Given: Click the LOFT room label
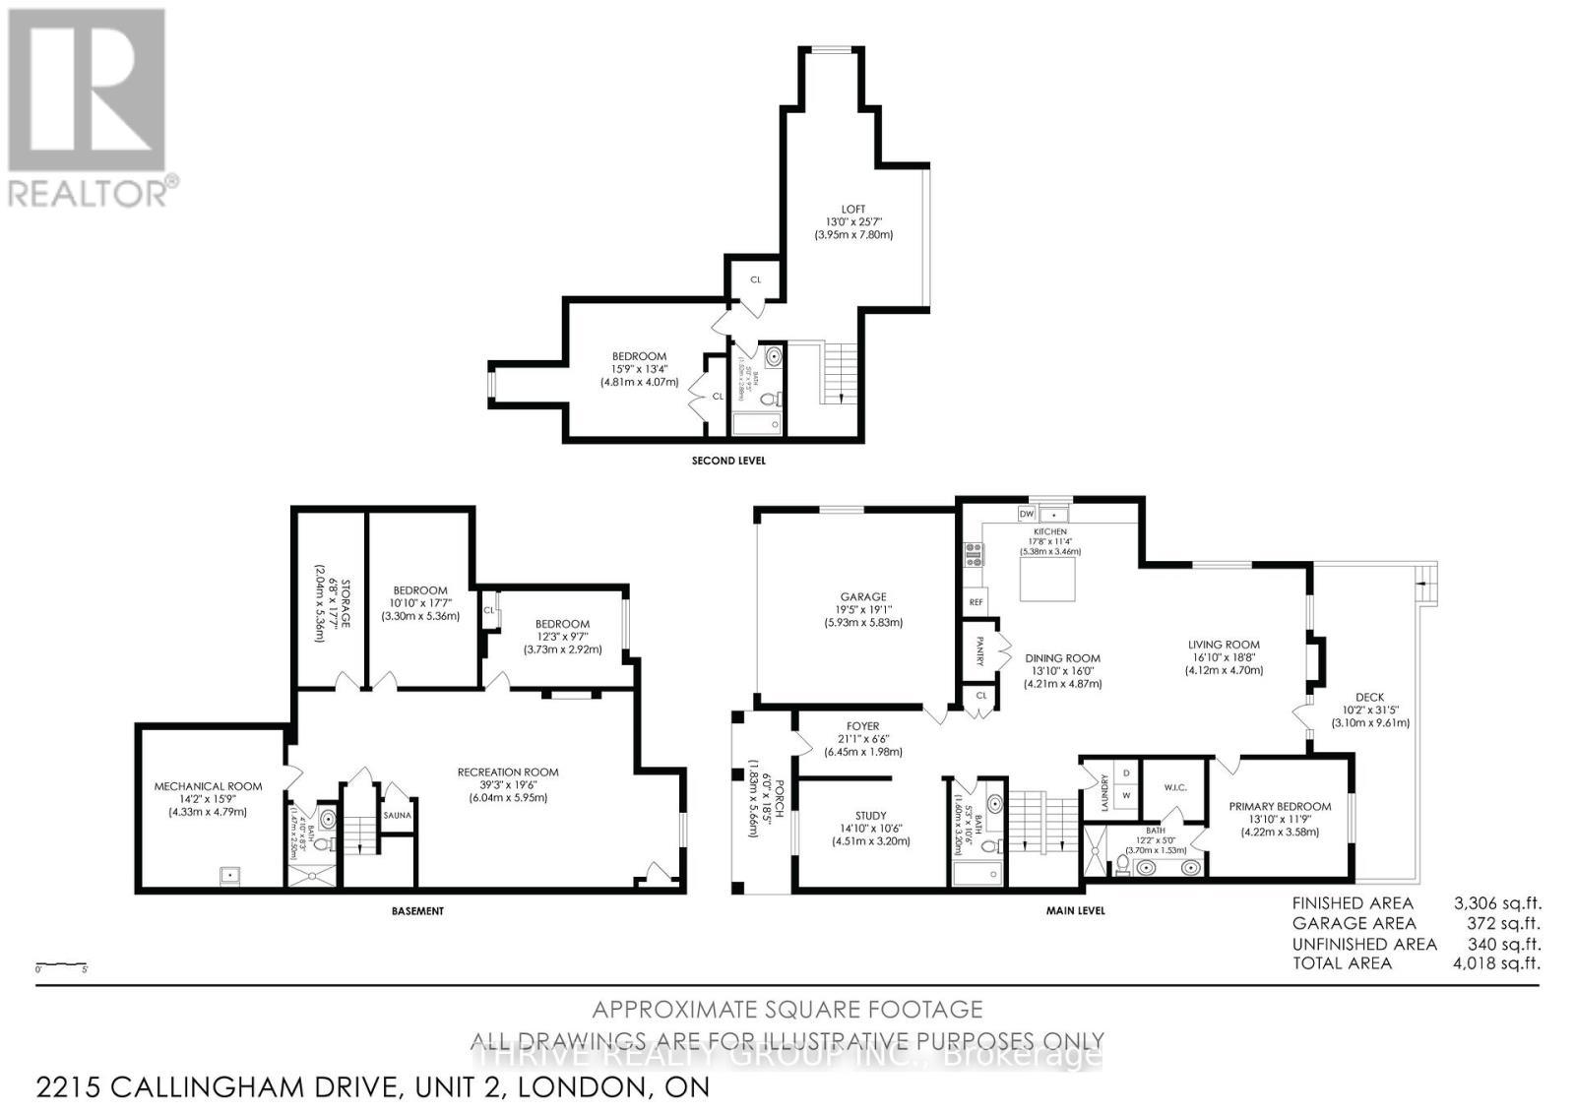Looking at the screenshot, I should coord(852,210).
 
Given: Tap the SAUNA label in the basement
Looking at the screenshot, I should coord(398,815).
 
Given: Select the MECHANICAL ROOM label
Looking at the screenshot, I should coord(208,786).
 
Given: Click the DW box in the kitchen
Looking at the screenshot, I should coord(1027,514).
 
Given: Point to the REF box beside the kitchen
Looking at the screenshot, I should coord(976,602).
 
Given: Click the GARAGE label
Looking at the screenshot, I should coord(862,596).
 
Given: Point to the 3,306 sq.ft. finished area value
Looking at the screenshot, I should coord(1497,902).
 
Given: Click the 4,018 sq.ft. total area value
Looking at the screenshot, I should coord(1497,962).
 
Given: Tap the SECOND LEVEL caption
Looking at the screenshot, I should coord(727,461).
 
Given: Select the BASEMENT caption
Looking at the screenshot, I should coord(417,911).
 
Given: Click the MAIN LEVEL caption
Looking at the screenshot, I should coord(1075,911).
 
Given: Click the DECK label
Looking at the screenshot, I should coord(1369,697).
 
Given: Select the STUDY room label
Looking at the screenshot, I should coord(870,816).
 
